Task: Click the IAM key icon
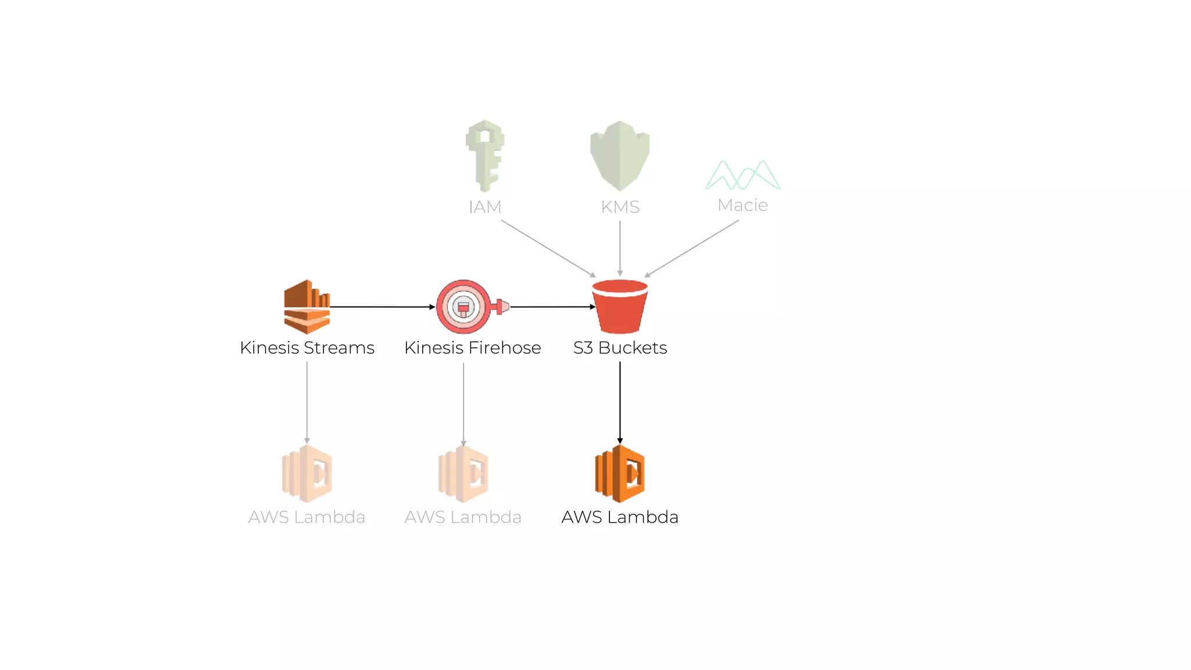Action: pyautogui.click(x=485, y=155)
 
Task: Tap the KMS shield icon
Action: pyautogui.click(x=620, y=155)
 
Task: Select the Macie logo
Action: pyautogui.click(x=743, y=175)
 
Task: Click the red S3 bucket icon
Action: pyautogui.click(x=620, y=307)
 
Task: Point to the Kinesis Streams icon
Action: pyautogui.click(x=307, y=307)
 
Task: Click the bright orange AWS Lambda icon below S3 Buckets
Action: pyautogui.click(x=620, y=473)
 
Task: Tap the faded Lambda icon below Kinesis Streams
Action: pyautogui.click(x=307, y=473)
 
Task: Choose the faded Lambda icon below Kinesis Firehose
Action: pyautogui.click(x=463, y=473)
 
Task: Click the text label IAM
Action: pyautogui.click(x=485, y=207)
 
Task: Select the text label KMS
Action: pyautogui.click(x=620, y=207)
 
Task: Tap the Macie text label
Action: pyautogui.click(x=743, y=205)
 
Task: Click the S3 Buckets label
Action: pyautogui.click(x=620, y=348)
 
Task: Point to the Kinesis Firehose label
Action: pyautogui.click(x=472, y=348)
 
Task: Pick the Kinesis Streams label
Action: pyautogui.click(x=307, y=348)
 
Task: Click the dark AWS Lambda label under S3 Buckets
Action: pyautogui.click(x=620, y=517)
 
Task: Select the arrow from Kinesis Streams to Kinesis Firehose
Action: pyautogui.click(x=383, y=307)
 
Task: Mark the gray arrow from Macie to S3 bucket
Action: pyautogui.click(x=691, y=248)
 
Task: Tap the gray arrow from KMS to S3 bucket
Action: pyautogui.click(x=620, y=248)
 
